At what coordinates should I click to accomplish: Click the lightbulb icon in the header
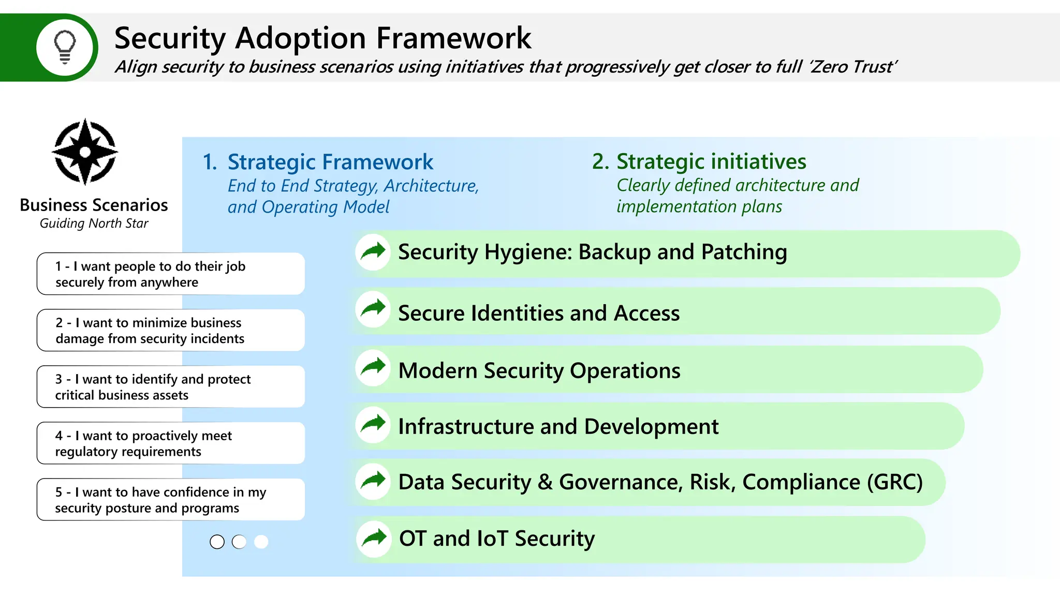(x=65, y=47)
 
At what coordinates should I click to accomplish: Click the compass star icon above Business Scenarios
(x=85, y=152)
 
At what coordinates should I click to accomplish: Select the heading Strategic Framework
(x=330, y=162)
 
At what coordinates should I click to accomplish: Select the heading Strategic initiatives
(x=711, y=161)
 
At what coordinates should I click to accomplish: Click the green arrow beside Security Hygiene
(x=373, y=252)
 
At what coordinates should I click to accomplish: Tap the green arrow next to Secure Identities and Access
(x=373, y=309)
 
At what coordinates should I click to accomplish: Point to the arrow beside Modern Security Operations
(x=373, y=367)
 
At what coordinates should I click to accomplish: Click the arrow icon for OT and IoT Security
(x=374, y=539)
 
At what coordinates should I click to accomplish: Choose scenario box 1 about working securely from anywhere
(x=170, y=274)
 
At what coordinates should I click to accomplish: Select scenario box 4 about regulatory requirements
(x=170, y=443)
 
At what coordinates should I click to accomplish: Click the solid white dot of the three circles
(x=261, y=542)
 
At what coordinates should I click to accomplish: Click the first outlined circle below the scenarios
(x=217, y=542)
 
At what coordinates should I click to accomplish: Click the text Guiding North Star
(x=94, y=224)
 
